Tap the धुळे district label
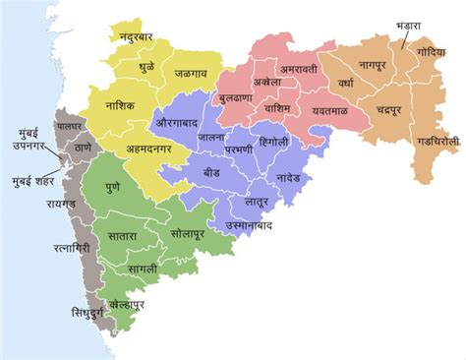(145, 71)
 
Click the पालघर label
(72, 127)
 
